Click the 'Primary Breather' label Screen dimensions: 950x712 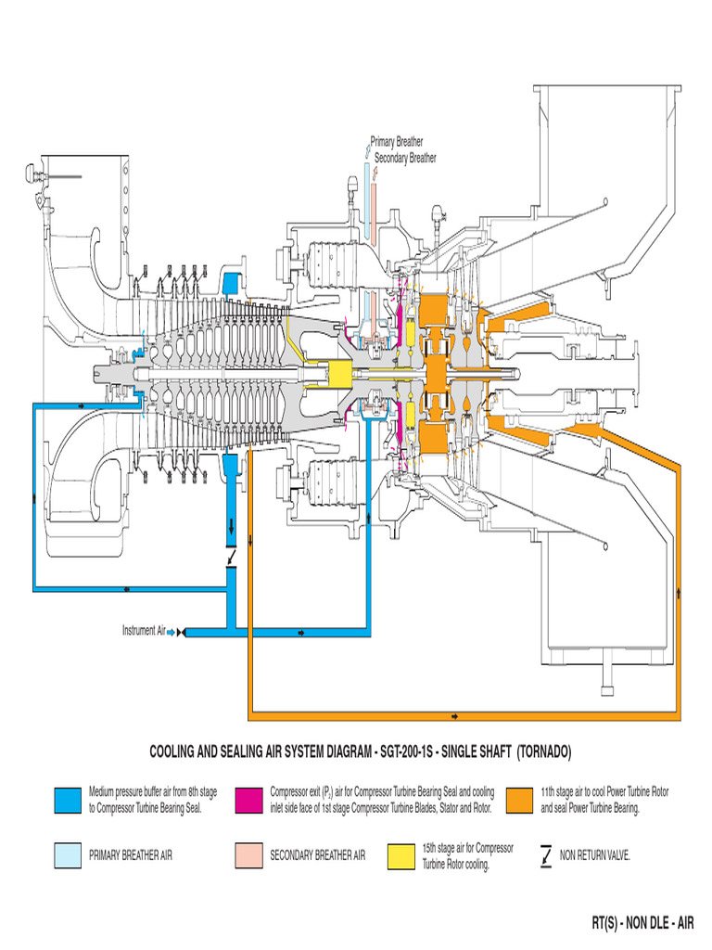397,142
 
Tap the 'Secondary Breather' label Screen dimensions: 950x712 404,158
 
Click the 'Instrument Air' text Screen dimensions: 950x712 143,631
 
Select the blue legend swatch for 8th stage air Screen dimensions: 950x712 68,800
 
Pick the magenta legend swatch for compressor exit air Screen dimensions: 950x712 248,800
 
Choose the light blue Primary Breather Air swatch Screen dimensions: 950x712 68,855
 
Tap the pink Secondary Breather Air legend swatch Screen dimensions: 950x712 248,855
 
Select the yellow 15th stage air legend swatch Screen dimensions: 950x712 400,855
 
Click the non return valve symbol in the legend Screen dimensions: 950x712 545,855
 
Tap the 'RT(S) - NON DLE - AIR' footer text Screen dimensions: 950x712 642,922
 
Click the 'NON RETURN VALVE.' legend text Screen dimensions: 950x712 595,855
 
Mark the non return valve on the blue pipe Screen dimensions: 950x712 231,555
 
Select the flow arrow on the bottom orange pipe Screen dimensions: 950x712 453,716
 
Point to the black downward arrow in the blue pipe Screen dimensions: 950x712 231,527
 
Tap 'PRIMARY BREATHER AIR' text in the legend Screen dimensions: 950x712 130,855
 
